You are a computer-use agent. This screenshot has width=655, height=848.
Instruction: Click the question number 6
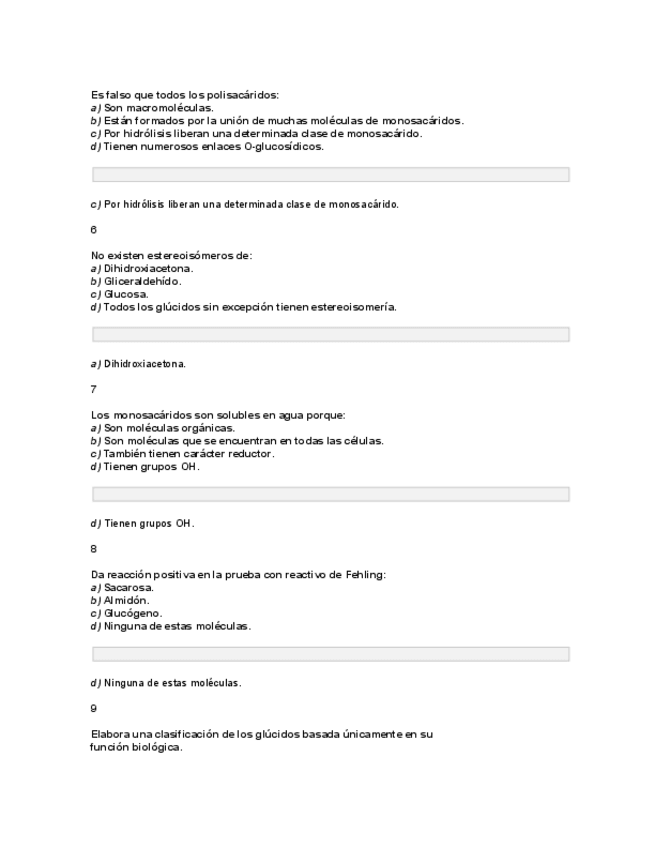click(x=94, y=230)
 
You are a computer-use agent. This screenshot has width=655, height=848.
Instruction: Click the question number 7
click(x=94, y=390)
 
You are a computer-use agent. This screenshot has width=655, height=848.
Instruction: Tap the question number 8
click(x=94, y=549)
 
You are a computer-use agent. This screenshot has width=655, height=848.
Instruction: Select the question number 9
click(x=94, y=709)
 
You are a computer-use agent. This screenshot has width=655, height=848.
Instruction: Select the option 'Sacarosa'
click(x=129, y=588)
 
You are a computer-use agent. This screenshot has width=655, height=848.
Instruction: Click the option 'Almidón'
click(x=127, y=601)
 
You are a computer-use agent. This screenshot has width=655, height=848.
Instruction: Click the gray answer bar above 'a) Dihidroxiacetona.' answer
click(x=330, y=334)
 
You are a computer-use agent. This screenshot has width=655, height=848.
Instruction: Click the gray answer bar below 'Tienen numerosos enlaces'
click(x=330, y=174)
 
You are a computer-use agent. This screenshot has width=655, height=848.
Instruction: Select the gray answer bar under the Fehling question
click(x=330, y=654)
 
